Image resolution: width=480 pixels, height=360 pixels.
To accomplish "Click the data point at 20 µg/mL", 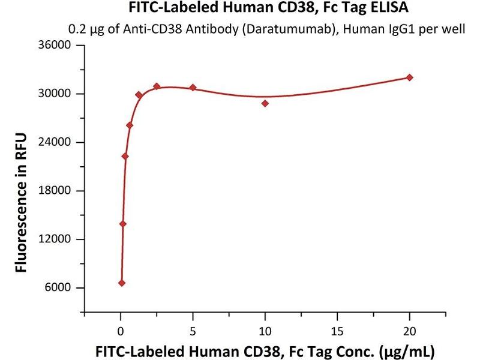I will click(410, 77).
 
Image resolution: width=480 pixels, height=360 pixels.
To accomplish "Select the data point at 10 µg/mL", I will click(265, 103).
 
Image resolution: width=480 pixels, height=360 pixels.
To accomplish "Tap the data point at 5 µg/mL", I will click(193, 88).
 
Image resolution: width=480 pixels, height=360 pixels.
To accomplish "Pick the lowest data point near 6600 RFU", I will click(122, 283).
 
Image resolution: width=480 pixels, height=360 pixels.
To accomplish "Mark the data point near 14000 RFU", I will click(123, 224).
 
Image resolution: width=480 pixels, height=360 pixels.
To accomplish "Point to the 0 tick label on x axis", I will click(121, 329).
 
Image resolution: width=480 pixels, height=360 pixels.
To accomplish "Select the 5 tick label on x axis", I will click(193, 329).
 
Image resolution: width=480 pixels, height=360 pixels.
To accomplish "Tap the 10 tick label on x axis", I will click(265, 329).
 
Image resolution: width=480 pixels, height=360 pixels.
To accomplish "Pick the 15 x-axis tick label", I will click(337, 329).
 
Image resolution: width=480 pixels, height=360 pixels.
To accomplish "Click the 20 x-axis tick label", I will click(410, 329).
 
